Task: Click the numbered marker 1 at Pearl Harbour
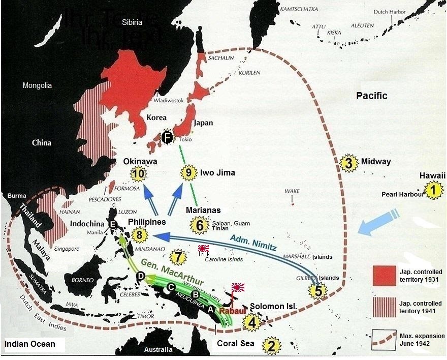tap(432, 191)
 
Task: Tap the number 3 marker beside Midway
tap(348, 162)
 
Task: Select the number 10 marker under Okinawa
tap(138, 174)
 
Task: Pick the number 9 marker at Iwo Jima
tap(188, 173)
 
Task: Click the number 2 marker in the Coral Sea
tap(272, 346)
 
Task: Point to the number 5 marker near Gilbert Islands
tap(318, 290)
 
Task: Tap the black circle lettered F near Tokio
tap(166, 137)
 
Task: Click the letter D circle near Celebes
tap(141, 276)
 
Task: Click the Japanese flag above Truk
tap(204, 249)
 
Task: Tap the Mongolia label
tap(37, 85)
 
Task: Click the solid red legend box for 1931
tap(383, 276)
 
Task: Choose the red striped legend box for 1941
tap(383, 305)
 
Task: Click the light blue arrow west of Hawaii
tap(378, 224)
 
